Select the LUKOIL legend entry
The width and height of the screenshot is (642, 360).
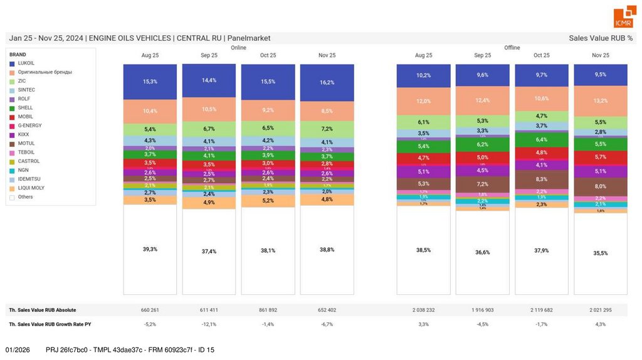pyautogui.click(x=26, y=63)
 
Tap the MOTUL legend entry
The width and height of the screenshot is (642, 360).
pyautogui.click(x=26, y=144)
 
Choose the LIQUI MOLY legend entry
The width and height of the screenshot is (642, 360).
pyautogui.click(x=31, y=188)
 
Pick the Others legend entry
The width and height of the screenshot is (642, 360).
pyautogui.click(x=26, y=197)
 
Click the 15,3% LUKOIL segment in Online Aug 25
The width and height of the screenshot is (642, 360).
pyautogui.click(x=150, y=82)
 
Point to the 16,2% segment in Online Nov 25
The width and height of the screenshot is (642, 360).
pyautogui.click(x=327, y=82)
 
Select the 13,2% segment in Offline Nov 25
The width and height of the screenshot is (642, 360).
pyautogui.click(x=601, y=100)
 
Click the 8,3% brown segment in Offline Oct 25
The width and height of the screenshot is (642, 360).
pyautogui.click(x=541, y=179)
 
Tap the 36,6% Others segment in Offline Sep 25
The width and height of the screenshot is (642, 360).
pyautogui.click(x=482, y=252)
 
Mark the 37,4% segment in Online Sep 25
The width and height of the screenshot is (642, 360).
pyautogui.click(x=209, y=251)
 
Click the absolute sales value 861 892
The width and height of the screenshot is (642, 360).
pyautogui.click(x=268, y=310)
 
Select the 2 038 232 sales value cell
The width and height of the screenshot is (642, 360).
pyautogui.click(x=423, y=310)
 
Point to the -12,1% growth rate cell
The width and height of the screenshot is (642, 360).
pyautogui.click(x=209, y=324)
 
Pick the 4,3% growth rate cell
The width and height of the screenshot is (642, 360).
pyautogui.click(x=601, y=324)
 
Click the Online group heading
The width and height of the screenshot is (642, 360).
pyautogui.click(x=238, y=48)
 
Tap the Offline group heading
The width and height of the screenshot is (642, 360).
pyautogui.click(x=512, y=48)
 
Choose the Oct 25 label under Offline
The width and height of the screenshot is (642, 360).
pyautogui.click(x=541, y=55)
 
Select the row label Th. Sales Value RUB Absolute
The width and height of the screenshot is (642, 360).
pyautogui.click(x=43, y=310)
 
